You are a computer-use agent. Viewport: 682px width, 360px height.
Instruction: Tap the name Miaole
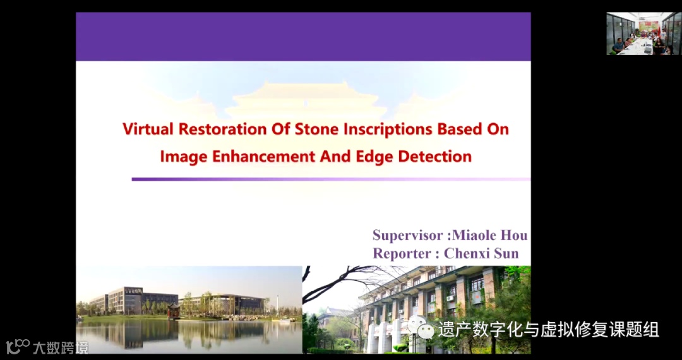coord(476,236)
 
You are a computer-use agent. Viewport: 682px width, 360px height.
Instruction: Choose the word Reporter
coord(403,253)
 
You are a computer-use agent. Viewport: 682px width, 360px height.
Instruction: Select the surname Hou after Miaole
coord(516,236)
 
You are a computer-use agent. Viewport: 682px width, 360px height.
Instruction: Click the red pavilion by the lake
coord(174,311)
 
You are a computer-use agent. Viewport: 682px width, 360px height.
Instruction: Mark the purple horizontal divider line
coord(331,179)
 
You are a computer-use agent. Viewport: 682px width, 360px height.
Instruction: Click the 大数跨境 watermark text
coord(61,347)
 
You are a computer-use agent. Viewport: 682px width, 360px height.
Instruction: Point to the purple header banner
coord(303,37)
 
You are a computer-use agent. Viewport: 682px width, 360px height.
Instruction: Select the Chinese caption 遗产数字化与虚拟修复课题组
coord(549,329)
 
